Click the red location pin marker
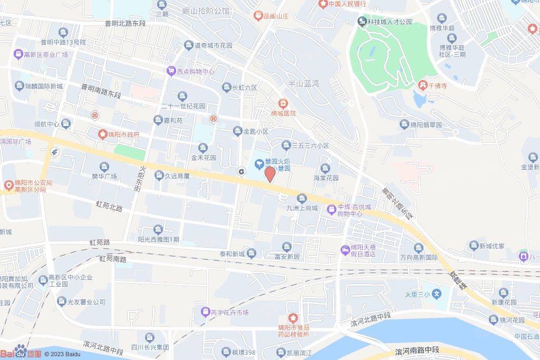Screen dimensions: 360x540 tap(269, 174)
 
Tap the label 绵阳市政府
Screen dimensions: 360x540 tap(123, 134)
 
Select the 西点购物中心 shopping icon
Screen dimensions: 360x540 tap(170, 71)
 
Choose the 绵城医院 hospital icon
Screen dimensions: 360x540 tap(284, 103)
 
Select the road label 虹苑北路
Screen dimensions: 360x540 tap(109, 205)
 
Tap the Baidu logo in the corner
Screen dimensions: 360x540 tap(20, 352)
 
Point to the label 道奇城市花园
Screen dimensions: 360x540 tap(213, 46)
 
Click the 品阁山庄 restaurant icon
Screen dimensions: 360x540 tap(258, 16)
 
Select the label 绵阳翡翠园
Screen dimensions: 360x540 tap(427, 124)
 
